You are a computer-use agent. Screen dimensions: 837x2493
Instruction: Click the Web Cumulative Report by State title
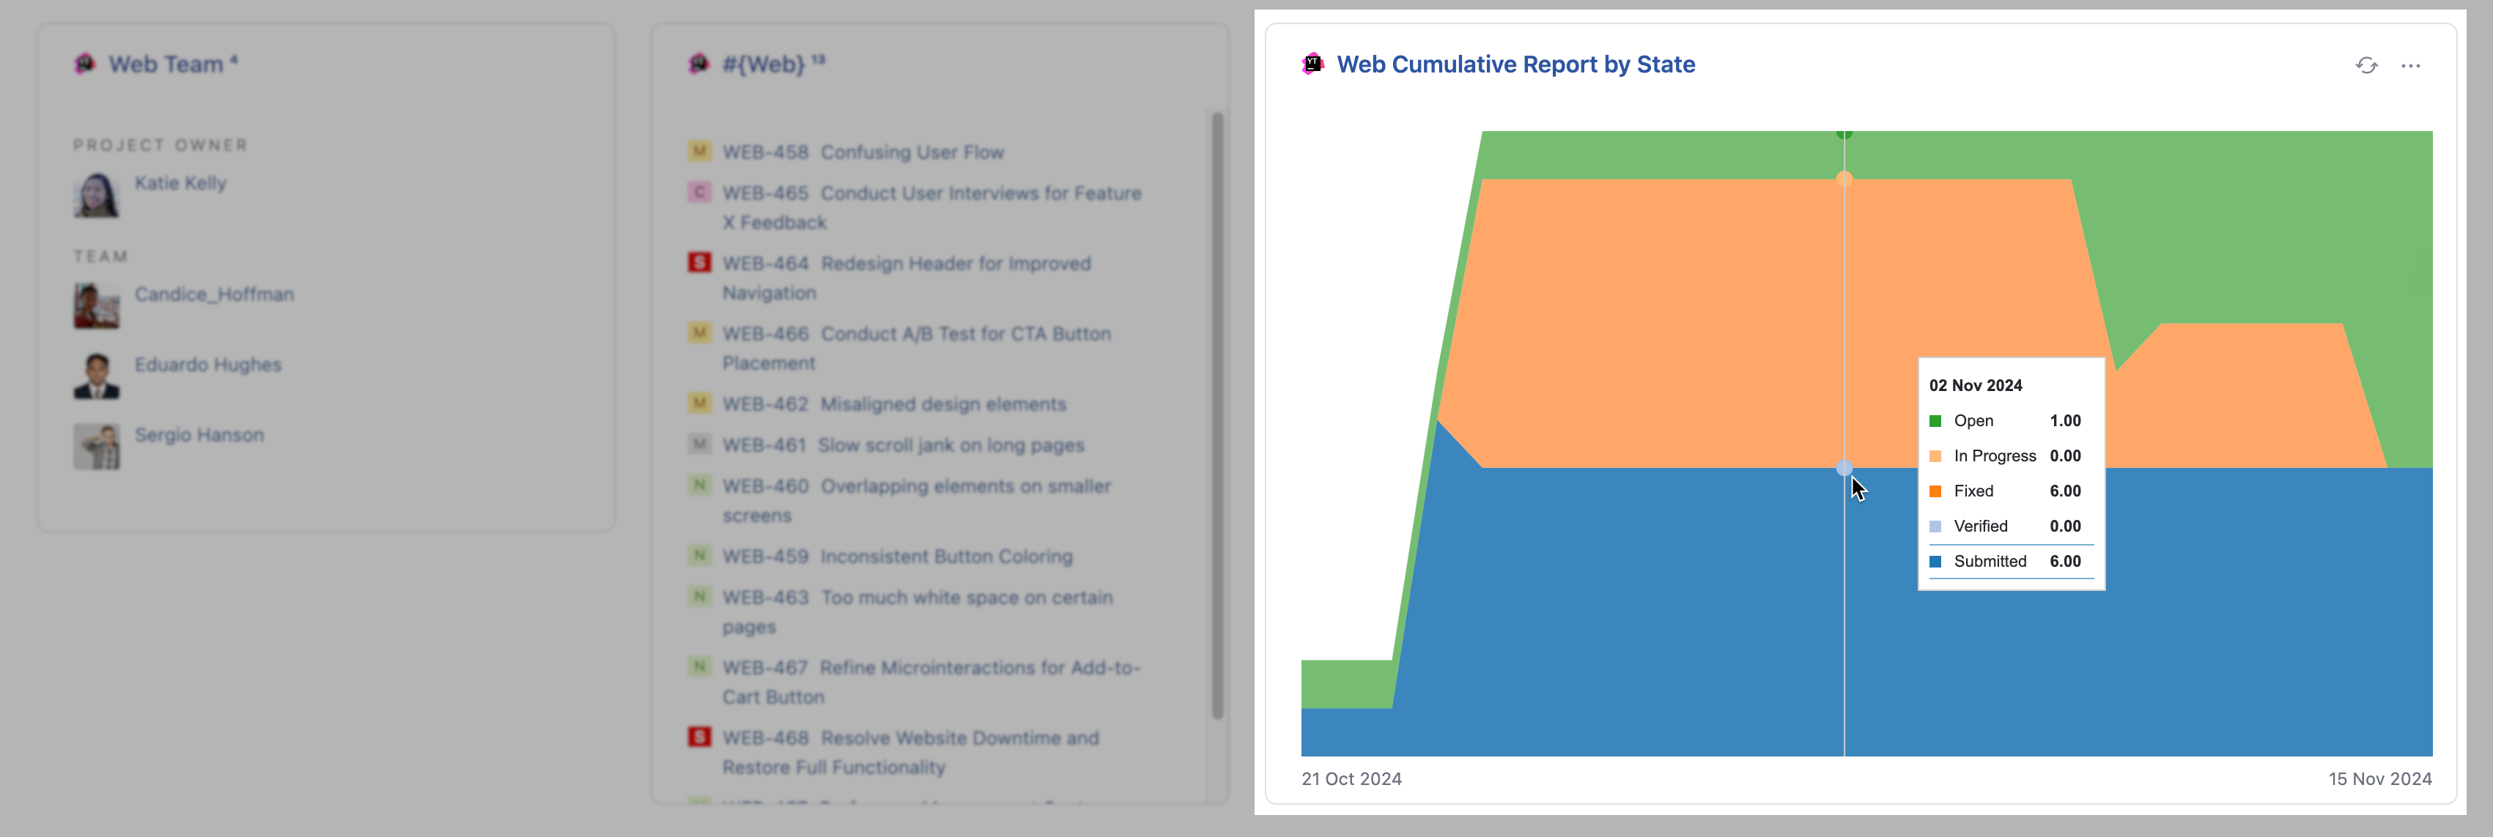[1515, 65]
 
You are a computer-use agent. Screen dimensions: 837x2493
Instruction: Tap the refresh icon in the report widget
[2366, 66]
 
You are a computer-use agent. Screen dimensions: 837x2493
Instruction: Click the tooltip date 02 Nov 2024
[1975, 385]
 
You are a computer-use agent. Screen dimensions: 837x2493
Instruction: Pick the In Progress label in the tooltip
[1994, 455]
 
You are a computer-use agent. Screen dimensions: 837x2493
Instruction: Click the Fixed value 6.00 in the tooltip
[2064, 491]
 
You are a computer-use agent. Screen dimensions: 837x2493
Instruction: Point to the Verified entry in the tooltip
[1979, 527]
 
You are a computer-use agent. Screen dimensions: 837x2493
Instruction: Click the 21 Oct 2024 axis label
[1351, 779]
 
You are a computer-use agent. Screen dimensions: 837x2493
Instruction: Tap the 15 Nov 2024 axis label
[2379, 779]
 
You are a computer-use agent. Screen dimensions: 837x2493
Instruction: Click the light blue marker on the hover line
[1844, 469]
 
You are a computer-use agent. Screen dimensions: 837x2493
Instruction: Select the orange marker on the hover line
[1844, 179]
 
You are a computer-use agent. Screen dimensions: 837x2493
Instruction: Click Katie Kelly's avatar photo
[96, 195]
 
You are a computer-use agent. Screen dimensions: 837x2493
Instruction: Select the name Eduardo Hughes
[208, 365]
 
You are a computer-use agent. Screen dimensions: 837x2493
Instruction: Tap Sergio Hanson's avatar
[96, 446]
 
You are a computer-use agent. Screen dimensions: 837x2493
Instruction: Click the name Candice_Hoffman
[214, 294]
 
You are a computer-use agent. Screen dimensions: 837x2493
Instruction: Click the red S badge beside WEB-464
[699, 263]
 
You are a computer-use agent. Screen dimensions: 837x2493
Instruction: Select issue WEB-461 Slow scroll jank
[902, 446]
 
